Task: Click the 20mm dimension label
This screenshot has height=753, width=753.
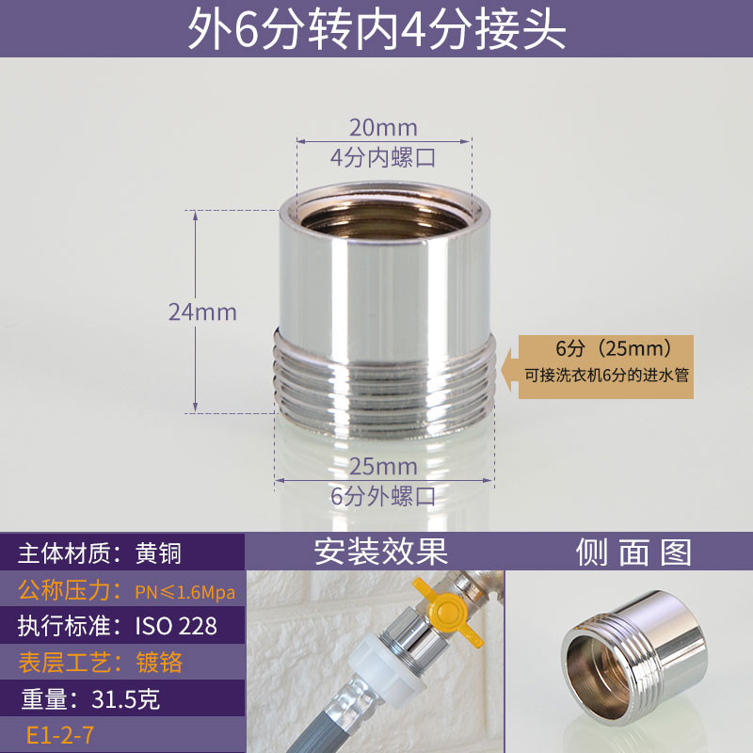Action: (x=383, y=128)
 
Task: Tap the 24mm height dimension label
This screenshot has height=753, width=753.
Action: (x=202, y=312)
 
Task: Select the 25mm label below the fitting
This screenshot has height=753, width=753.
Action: (x=383, y=466)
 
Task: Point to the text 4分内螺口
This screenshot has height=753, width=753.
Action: (x=383, y=157)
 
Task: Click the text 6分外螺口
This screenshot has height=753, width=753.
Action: (x=383, y=496)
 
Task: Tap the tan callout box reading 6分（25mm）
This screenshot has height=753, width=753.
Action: (x=605, y=367)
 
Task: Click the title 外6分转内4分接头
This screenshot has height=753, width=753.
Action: (x=376, y=29)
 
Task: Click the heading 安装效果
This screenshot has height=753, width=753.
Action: (x=381, y=552)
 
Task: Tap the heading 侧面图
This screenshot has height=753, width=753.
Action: (x=633, y=553)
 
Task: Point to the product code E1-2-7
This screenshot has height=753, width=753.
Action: (x=60, y=735)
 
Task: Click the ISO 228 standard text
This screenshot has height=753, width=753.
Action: (x=176, y=626)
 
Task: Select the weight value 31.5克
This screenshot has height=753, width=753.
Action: (x=125, y=699)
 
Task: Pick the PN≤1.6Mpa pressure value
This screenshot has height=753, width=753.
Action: (x=185, y=592)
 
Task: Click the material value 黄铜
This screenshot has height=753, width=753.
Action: (x=158, y=553)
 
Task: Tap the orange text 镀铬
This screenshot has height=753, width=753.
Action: (x=159, y=663)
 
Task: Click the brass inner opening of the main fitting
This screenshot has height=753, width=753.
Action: (x=384, y=220)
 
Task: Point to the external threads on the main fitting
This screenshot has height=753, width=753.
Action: (x=384, y=384)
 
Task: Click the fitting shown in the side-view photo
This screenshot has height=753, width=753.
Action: (x=633, y=658)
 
